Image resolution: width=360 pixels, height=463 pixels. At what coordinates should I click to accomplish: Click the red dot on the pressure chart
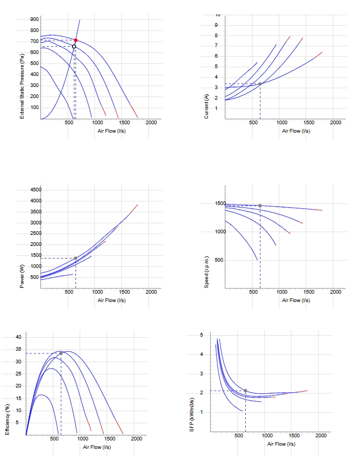coord(76,40)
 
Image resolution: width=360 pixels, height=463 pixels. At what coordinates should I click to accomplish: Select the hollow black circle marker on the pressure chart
coord(74,46)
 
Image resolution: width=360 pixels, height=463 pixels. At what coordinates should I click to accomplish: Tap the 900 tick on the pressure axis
coord(34,19)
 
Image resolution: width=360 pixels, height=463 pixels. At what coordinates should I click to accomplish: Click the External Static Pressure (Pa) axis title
coord(22,86)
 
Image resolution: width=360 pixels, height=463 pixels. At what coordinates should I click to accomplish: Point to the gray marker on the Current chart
coord(260,84)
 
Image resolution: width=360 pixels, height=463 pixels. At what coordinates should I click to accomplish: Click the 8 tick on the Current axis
coord(216,36)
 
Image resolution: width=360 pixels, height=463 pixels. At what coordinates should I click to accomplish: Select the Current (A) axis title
coord(206,106)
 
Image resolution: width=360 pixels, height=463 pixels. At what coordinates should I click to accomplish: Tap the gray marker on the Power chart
coord(75,259)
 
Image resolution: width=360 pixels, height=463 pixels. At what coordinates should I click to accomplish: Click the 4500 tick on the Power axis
coord(36,190)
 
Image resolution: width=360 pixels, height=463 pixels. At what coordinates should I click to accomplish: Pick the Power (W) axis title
coord(22,276)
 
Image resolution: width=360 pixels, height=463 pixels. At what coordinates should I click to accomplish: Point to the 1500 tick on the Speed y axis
coord(221,203)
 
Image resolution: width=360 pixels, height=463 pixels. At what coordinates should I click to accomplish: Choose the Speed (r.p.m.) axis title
coord(206,272)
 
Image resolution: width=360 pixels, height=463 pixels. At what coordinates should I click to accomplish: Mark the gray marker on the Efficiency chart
coord(61,353)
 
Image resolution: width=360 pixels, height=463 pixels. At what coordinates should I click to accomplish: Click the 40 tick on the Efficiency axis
coord(18,337)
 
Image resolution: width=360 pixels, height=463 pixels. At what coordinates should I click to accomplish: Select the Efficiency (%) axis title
coord(7,419)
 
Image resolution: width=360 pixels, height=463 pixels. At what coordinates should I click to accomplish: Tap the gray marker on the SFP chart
coord(246,391)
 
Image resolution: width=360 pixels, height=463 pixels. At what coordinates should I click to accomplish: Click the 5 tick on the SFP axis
coord(202,335)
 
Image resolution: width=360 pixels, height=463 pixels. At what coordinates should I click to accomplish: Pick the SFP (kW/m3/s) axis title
coord(192,415)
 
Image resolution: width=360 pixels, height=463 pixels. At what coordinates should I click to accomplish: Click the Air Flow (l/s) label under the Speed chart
coord(296,300)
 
